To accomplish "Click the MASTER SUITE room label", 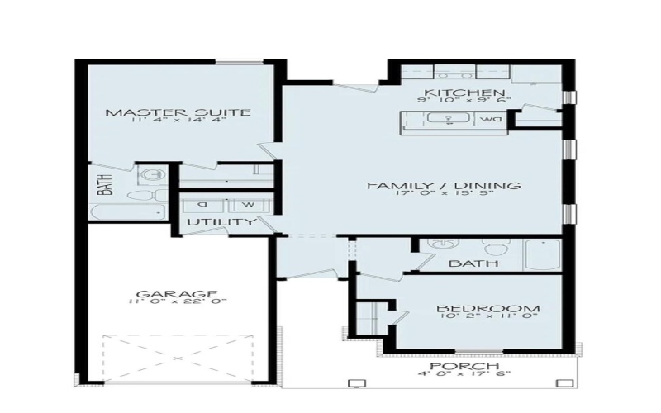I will click(x=178, y=112).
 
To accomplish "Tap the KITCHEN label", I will click(x=464, y=93).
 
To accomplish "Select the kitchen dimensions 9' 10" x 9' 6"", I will click(x=464, y=101).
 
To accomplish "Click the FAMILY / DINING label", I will click(x=445, y=186).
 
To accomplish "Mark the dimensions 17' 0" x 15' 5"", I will click(x=445, y=197).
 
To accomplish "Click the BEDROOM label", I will click(x=482, y=308).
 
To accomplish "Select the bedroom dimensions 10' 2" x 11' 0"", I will click(x=482, y=318).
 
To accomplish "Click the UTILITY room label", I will click(x=220, y=223).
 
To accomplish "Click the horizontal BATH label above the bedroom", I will click(x=474, y=264).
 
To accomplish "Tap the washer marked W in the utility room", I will click(x=247, y=204).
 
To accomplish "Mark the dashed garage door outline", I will click(x=177, y=358).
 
